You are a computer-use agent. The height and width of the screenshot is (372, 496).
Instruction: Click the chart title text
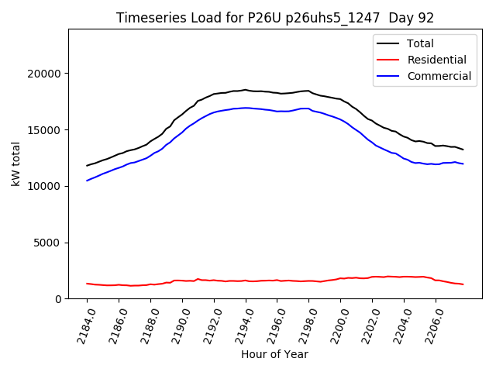(x=275, y=18)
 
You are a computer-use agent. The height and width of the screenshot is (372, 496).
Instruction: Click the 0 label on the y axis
(x=58, y=299)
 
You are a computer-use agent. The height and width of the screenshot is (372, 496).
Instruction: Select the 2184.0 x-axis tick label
(x=83, y=325)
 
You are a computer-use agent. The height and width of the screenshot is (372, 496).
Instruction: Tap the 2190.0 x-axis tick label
(x=178, y=325)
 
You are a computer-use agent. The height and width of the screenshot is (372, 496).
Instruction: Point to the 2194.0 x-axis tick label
(x=242, y=325)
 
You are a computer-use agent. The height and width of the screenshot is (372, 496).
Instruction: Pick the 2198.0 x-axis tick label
(x=305, y=325)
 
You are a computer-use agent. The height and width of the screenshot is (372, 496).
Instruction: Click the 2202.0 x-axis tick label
(x=368, y=325)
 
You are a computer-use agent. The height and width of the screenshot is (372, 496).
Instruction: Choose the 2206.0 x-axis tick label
(x=432, y=325)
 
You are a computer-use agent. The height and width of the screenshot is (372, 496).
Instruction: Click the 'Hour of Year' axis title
(x=274, y=355)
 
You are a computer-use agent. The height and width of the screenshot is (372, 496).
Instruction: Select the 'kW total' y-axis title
(x=17, y=164)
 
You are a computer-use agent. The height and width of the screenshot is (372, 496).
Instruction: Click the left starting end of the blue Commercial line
(x=87, y=181)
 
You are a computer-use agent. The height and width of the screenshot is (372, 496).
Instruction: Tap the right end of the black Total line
(x=463, y=150)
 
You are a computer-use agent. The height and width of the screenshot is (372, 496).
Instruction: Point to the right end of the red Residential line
(x=463, y=284)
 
